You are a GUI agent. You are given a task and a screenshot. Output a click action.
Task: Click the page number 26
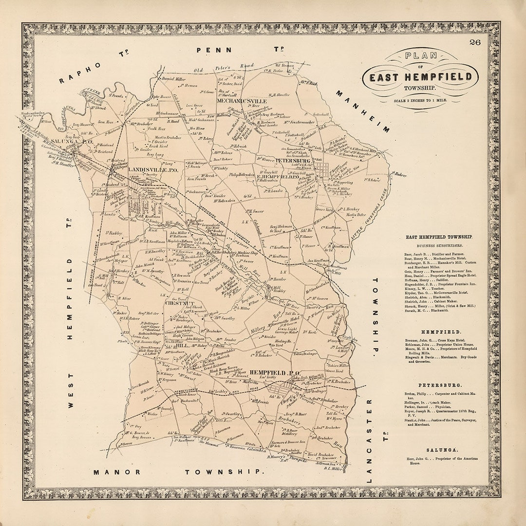(475, 42)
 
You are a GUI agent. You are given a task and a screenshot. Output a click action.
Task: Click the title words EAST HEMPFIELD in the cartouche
(420, 77)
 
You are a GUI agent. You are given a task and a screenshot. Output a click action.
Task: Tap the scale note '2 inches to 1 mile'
(420, 100)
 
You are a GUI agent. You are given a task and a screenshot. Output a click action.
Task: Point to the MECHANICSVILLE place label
(242, 101)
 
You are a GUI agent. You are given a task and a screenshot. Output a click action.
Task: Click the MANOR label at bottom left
(117, 471)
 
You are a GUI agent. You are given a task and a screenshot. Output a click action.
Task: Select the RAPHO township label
(80, 73)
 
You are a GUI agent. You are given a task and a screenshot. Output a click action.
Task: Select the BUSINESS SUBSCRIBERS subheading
(440, 246)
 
